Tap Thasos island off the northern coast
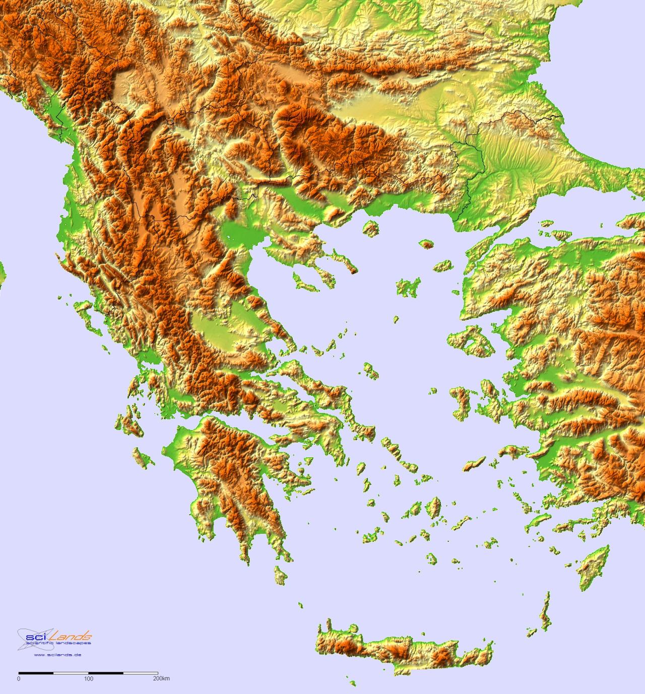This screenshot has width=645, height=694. coord(371,228)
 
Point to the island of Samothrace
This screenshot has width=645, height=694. coord(428,244)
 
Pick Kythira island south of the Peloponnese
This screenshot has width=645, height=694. coord(279,574)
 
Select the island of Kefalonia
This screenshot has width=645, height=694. coord(128,423)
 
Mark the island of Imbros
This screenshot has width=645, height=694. coord(442,265)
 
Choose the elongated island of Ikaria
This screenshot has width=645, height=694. coord(474,463)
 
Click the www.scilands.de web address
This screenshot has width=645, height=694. coord(58,655)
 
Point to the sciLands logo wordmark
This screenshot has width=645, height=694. coord(55,635)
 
